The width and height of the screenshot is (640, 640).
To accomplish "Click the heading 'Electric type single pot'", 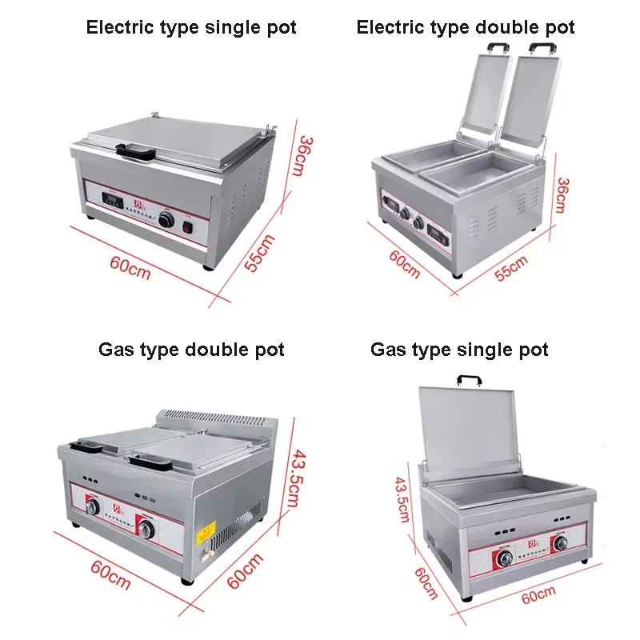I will (191, 28).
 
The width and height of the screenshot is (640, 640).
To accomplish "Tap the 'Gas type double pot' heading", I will (191, 350).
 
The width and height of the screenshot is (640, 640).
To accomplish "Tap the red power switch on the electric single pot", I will (190, 230).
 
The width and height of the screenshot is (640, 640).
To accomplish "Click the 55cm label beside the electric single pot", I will (260, 252).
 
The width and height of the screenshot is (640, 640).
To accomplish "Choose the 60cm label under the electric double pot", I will (404, 263).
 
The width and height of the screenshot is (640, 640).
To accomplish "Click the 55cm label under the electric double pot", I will (511, 269).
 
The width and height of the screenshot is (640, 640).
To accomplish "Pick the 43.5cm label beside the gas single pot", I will (402, 498).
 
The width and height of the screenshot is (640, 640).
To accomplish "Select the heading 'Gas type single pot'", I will (459, 350).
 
